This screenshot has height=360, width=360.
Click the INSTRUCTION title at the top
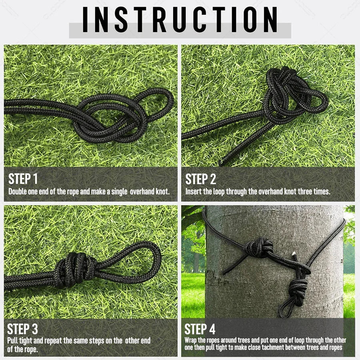pos(180,20)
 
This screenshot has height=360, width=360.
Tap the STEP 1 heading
pos(23,179)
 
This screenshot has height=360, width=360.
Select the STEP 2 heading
pos(200,179)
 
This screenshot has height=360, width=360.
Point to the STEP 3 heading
pos(22,329)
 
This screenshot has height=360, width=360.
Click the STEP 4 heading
pos(200,329)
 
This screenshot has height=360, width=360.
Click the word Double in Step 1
pos(18,192)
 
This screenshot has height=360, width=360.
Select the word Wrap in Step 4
pos(190,340)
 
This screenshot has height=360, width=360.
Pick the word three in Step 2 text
pos(305,192)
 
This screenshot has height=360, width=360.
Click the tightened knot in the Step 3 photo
pos(76,269)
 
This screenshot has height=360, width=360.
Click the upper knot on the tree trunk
pos(258,248)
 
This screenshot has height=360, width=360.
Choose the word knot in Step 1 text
pos(162,192)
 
